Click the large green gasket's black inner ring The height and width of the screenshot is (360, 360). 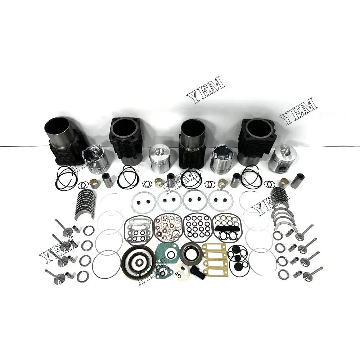pyautogui.click(x=171, y=254)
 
